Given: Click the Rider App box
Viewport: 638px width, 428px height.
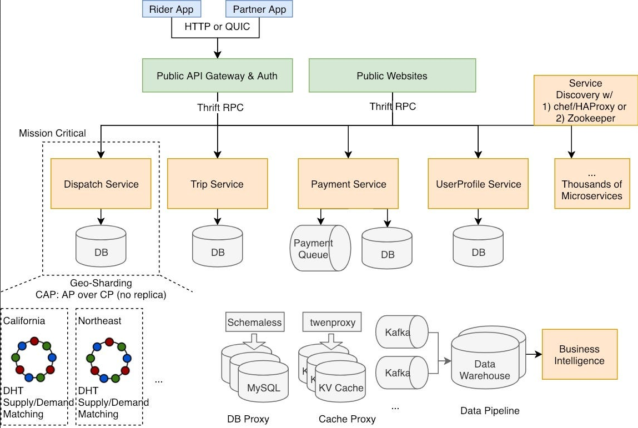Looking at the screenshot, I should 172,9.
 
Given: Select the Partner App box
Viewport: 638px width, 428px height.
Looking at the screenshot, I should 259,9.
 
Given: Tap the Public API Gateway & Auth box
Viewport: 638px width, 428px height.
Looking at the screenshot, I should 217,75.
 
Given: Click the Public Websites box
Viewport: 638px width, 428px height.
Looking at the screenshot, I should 392,75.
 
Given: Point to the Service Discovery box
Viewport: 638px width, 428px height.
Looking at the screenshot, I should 585,100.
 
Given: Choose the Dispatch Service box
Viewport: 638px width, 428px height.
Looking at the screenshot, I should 101,184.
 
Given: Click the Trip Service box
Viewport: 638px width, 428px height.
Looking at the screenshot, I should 217,184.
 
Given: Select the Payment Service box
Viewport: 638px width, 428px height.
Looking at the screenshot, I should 348,184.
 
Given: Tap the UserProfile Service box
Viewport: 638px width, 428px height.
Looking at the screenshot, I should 478,184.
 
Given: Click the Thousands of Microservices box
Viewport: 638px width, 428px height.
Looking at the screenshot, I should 592,184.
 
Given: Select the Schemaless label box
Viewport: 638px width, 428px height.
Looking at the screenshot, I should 255,322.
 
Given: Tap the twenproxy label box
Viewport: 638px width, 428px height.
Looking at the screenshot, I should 331,322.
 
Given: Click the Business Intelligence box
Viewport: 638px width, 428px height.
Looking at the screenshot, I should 579,354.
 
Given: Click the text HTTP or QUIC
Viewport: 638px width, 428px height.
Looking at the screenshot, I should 217,26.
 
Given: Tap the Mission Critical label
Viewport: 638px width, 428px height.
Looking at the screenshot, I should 53,133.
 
